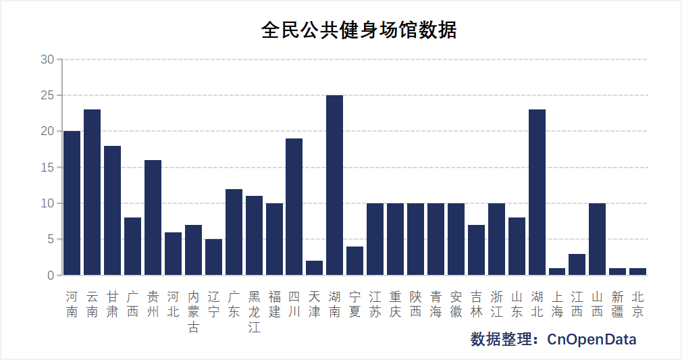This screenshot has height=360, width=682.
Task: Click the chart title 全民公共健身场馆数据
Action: pos(359,30)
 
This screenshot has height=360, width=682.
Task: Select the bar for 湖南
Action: pos(334,185)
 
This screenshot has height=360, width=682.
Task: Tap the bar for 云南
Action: pos(92,192)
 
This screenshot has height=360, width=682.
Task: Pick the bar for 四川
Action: pos(294,207)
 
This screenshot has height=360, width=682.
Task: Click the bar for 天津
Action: pos(314,268)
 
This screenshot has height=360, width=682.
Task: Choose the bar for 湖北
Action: pos(537,192)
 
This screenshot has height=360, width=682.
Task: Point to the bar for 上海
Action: pos(557,272)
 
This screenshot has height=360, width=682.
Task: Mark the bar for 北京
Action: pos(637,272)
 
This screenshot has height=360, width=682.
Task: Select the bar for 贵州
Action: pos(153,217)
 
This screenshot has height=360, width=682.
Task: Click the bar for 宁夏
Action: pos(355,261)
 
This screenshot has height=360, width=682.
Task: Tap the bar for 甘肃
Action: pos(112,210)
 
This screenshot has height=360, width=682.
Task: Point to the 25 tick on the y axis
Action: pos(47,95)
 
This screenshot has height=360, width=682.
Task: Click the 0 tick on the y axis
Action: pos(51,276)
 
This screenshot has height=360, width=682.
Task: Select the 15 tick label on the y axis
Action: pos(47,168)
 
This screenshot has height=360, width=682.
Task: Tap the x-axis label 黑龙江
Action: pos(254,312)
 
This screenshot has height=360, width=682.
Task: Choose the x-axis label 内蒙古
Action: pos(193,312)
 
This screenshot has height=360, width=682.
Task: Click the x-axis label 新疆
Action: pos(617,304)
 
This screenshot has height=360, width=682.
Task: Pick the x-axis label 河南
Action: pos(72,304)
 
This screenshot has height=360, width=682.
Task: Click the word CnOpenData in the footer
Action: pos(592,339)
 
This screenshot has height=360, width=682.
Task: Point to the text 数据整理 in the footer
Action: pos(502,339)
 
